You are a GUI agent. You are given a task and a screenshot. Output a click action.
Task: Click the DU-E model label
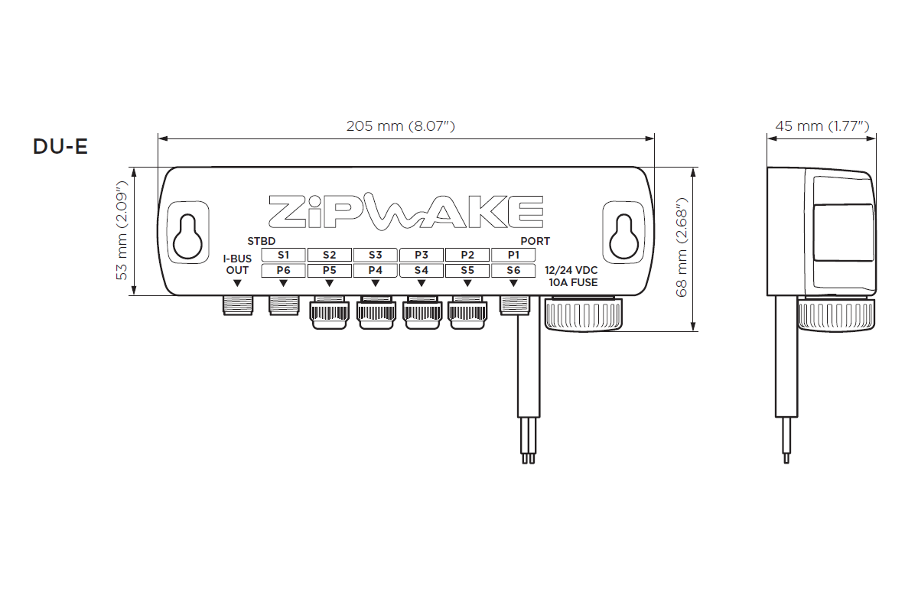(60, 146)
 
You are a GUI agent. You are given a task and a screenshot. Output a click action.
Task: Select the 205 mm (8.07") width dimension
(401, 126)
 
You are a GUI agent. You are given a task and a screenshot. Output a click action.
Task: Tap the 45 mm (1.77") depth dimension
(821, 126)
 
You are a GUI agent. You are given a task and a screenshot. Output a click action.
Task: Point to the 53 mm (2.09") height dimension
(122, 230)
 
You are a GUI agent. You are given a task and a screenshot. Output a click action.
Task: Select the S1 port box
(284, 255)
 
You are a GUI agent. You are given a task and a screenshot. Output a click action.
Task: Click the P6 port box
(284, 271)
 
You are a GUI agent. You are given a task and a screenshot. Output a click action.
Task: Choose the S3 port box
(375, 255)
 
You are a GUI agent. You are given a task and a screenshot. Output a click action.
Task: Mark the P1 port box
(513, 255)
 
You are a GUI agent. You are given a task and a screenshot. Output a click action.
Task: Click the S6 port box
(513, 271)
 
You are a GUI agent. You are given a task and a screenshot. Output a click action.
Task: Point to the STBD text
(261, 241)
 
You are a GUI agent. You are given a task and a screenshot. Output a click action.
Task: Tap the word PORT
(535, 241)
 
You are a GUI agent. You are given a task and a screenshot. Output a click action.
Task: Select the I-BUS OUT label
(237, 265)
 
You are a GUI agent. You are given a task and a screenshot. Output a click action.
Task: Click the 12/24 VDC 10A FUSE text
(571, 276)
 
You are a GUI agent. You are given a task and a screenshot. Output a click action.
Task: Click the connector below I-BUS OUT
(237, 305)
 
